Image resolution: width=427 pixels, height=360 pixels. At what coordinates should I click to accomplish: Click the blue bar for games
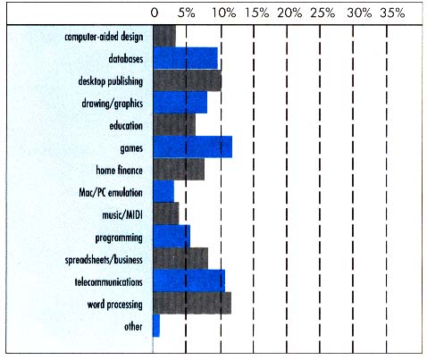pos(192,147)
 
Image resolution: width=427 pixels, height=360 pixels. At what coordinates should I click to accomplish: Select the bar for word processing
pos(192,303)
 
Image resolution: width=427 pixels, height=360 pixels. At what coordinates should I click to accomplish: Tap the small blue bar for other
pos(156,326)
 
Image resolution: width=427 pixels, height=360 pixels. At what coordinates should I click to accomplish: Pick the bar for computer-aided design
pos(164,37)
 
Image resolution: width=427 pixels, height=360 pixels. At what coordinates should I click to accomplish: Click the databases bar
pos(185,59)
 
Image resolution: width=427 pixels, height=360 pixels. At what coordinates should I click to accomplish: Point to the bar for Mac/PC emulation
pos(163,192)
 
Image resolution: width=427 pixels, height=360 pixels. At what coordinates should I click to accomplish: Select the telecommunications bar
pos(188,281)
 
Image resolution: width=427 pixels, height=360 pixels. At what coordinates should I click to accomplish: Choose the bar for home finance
pos(179,170)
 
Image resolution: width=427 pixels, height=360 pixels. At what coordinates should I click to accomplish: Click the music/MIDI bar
pos(166,214)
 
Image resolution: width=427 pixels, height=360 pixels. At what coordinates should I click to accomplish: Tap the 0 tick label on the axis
pos(155,13)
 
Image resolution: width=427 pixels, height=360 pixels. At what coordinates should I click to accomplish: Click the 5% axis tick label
pos(187,13)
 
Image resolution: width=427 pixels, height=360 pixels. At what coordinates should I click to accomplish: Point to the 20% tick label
pos(289,13)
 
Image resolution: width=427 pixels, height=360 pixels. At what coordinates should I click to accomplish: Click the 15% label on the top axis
pos(255,13)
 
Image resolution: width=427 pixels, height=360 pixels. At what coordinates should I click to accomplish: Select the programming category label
pos(118,238)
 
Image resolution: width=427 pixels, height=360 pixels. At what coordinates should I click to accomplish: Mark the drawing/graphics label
pos(112,104)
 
